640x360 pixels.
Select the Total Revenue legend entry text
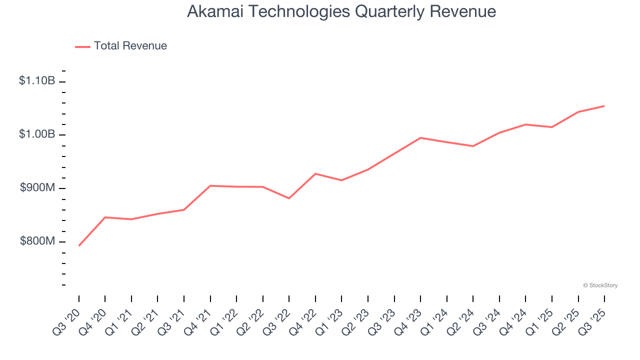coord(130,46)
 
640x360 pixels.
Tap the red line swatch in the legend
coord(82,46)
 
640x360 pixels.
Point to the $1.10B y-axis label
coord(37,80)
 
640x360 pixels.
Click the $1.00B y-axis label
coord(37,134)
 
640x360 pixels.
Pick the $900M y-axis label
coord(37,187)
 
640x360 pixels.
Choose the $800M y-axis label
coord(37,241)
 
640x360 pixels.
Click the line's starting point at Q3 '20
coord(79,245)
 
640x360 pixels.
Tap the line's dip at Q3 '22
coord(289,198)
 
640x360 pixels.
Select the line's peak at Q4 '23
coord(420,137)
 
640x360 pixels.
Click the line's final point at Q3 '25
coord(604,106)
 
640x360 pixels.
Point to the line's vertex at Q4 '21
coord(210,185)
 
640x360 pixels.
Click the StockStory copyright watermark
coord(600,285)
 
